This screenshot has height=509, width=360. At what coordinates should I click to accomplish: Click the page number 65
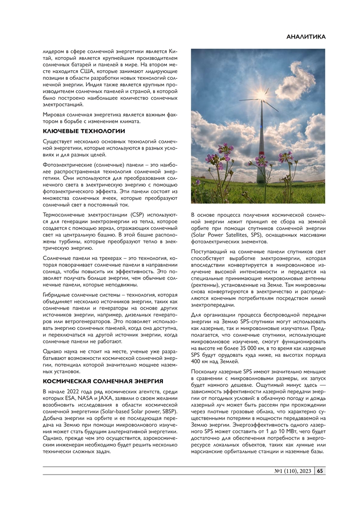coord(320,471)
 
